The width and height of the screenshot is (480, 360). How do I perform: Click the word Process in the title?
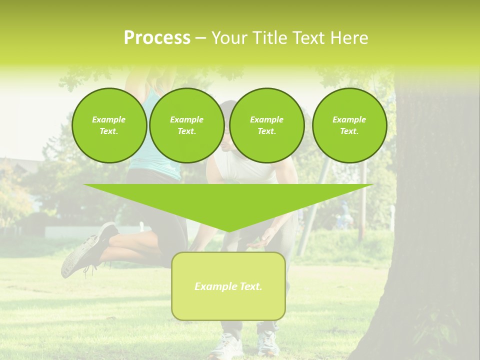pos(157,38)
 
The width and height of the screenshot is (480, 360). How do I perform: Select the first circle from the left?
pos(109,125)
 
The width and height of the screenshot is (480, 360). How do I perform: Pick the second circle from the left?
pos(186,125)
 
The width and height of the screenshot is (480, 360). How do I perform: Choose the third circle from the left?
pos(266,125)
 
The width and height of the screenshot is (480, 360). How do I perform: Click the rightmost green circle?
pos(349,125)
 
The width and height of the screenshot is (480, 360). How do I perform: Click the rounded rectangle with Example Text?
pos(228,286)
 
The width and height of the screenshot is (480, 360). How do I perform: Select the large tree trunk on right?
pos(430,225)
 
